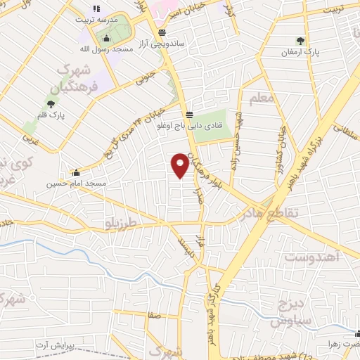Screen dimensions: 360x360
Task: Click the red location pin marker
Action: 180,166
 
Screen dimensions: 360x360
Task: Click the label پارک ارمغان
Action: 300,52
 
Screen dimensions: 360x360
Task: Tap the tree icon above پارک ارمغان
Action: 301,41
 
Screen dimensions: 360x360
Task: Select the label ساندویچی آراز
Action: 161,43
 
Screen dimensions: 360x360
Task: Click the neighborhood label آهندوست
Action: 313,258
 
